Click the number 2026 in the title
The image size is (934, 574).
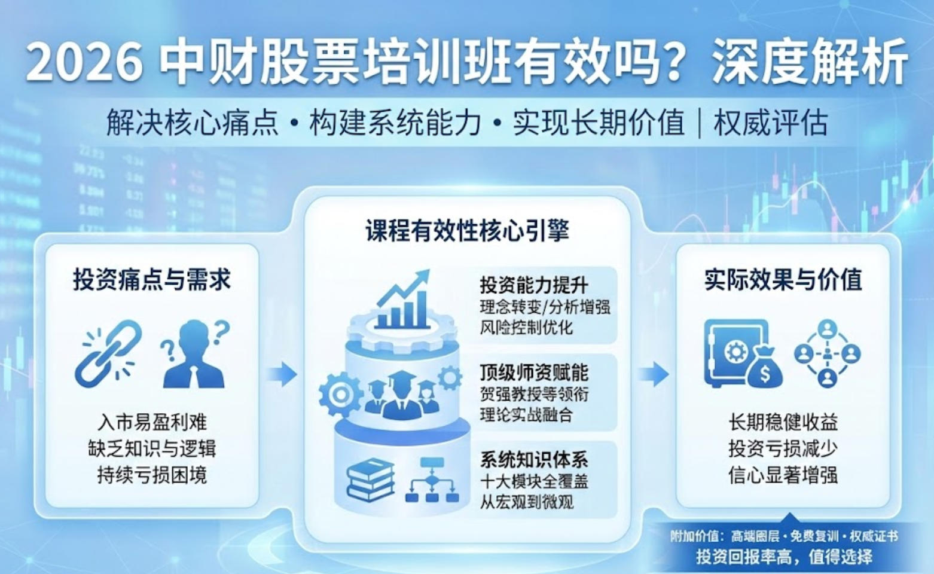pyautogui.click(x=84, y=63)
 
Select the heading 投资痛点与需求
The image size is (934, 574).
pyautogui.click(x=152, y=280)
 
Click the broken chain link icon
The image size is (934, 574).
pyautogui.click(x=108, y=353)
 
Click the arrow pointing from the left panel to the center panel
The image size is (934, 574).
pyautogui.click(x=282, y=374)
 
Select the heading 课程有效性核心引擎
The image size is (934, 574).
pyautogui.click(x=467, y=231)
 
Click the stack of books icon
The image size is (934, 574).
pyautogui.click(x=371, y=479)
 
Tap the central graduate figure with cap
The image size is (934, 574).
pyautogui.click(x=402, y=394)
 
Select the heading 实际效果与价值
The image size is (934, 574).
pyautogui.click(x=783, y=280)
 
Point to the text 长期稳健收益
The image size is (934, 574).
pyautogui.click(x=783, y=422)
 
